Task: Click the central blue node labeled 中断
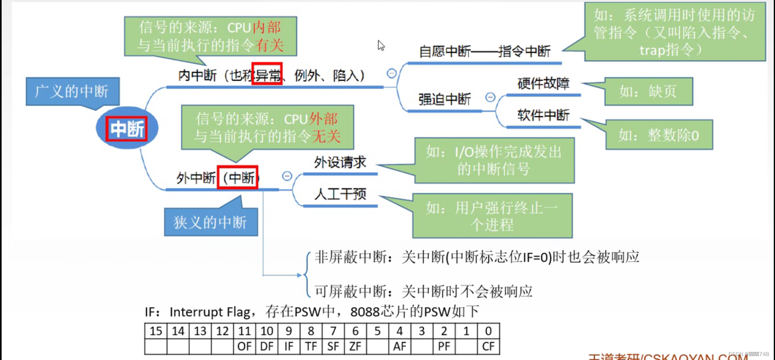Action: (x=127, y=129)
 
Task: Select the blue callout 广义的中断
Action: (x=72, y=91)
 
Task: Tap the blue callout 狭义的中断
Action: (x=210, y=222)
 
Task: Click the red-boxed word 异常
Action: (x=267, y=74)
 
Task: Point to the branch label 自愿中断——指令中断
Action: (x=484, y=51)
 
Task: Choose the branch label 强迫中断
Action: (x=444, y=99)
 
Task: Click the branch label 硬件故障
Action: (x=543, y=84)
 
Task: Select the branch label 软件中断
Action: (x=543, y=115)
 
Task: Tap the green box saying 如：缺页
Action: (x=648, y=92)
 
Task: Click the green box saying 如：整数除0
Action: (x=659, y=135)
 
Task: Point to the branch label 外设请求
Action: (x=340, y=162)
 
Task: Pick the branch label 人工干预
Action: (x=340, y=194)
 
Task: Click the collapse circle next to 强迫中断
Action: (x=490, y=97)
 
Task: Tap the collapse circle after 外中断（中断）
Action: (x=287, y=176)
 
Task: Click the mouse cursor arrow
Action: (x=380, y=44)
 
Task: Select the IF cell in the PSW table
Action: (x=289, y=346)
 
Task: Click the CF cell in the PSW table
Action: (x=488, y=346)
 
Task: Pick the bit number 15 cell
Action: (x=156, y=331)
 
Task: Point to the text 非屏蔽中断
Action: (x=351, y=257)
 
